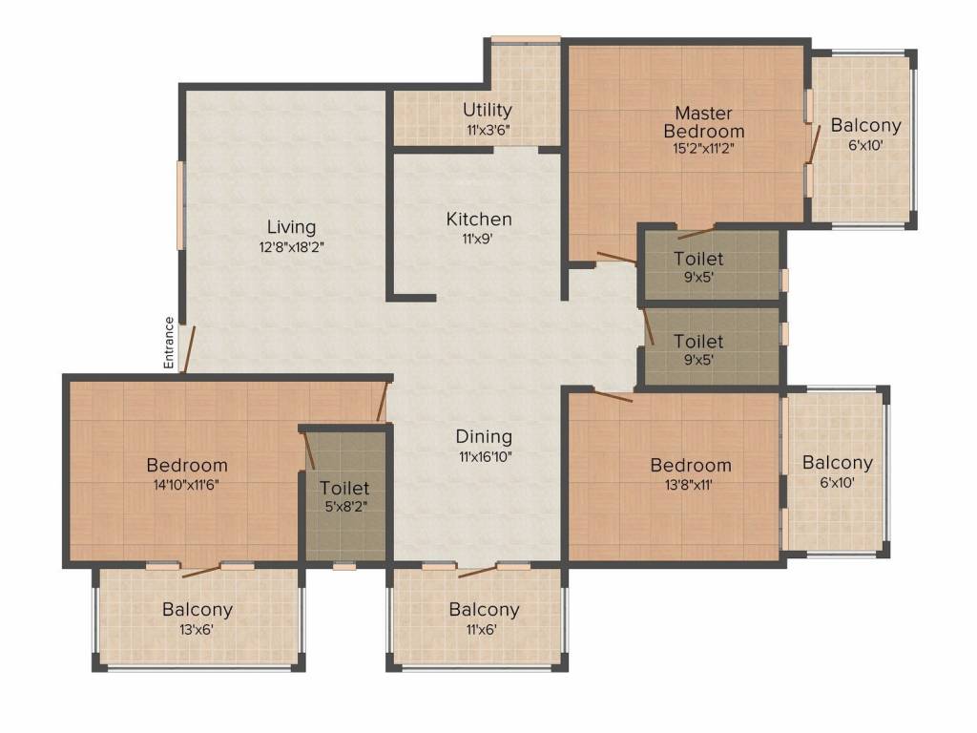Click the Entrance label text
tap(169, 343)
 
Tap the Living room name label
tap(291, 227)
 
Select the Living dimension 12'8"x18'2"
tap(291, 246)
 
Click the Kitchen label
tap(479, 220)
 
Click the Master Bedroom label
tap(704, 122)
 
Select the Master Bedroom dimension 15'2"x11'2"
tap(704, 148)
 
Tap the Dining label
tap(485, 437)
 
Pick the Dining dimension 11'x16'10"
tap(485, 456)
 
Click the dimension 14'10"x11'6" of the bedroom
tap(187, 484)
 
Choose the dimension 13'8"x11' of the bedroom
tap(691, 484)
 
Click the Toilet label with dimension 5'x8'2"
tap(344, 489)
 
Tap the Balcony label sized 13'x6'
tap(197, 609)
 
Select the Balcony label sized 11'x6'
tap(485, 609)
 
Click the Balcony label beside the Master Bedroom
tap(865, 125)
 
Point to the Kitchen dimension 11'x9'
tap(479, 239)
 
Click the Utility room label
tap(488, 110)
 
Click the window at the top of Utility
tap(526, 39)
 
